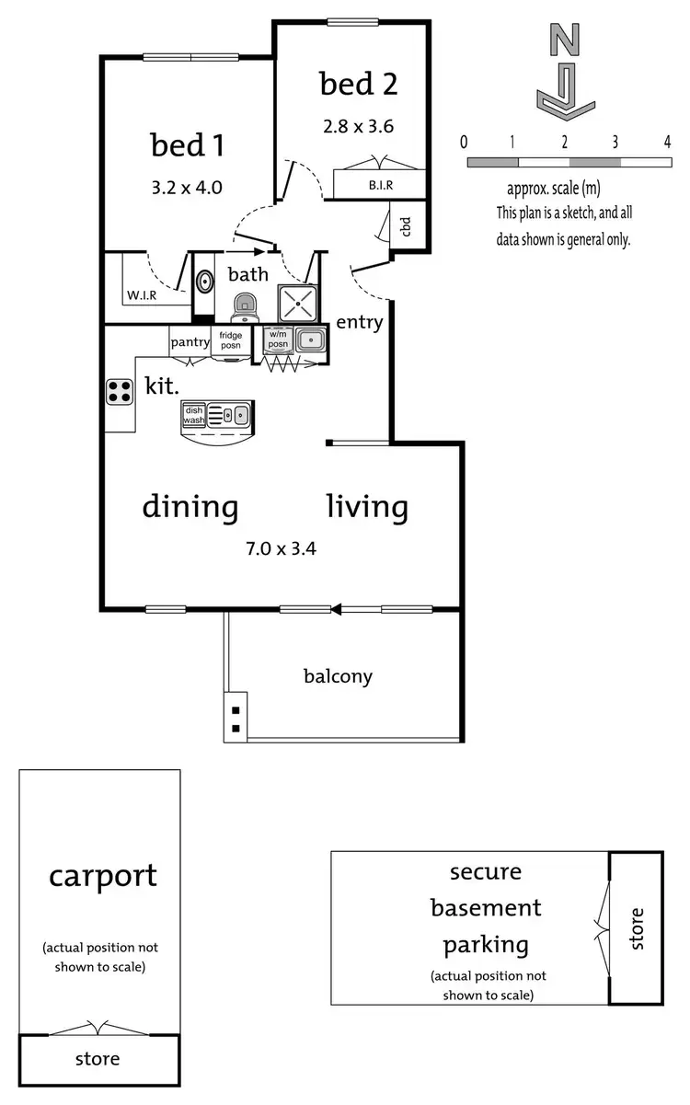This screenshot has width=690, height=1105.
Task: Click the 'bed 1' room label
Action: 188,145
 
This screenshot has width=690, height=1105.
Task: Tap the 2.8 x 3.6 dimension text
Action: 358,127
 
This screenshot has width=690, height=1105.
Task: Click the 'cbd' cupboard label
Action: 406,226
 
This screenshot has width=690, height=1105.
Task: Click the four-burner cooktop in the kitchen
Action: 120,392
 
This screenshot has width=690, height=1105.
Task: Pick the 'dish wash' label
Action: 194,415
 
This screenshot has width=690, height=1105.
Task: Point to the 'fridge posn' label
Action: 230,340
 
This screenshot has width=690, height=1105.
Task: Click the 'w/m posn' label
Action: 278,340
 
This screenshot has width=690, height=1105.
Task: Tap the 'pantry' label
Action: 190,342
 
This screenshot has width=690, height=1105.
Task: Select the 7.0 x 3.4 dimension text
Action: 281,549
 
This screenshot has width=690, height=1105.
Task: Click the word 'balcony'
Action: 338,676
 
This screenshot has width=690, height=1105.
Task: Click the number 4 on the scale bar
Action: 666,141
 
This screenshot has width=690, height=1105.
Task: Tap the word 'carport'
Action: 103,875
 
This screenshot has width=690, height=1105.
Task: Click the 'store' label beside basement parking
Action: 637,927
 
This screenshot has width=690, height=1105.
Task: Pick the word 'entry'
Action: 360,322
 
